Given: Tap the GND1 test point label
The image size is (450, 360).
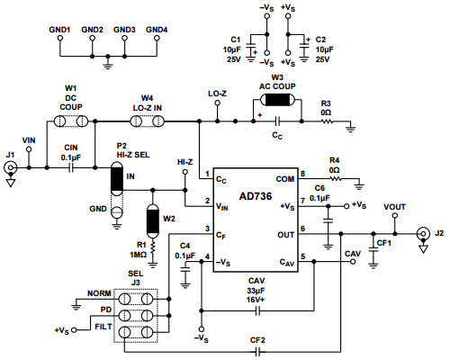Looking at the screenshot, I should [59, 30].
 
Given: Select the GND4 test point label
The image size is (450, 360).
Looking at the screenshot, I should [156, 30].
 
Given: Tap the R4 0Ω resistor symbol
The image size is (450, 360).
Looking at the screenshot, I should [334, 178].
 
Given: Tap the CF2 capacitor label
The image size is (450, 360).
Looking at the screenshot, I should [257, 341].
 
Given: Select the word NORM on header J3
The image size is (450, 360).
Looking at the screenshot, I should [99, 294].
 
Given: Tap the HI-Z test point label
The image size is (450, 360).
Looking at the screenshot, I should [184, 162].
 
